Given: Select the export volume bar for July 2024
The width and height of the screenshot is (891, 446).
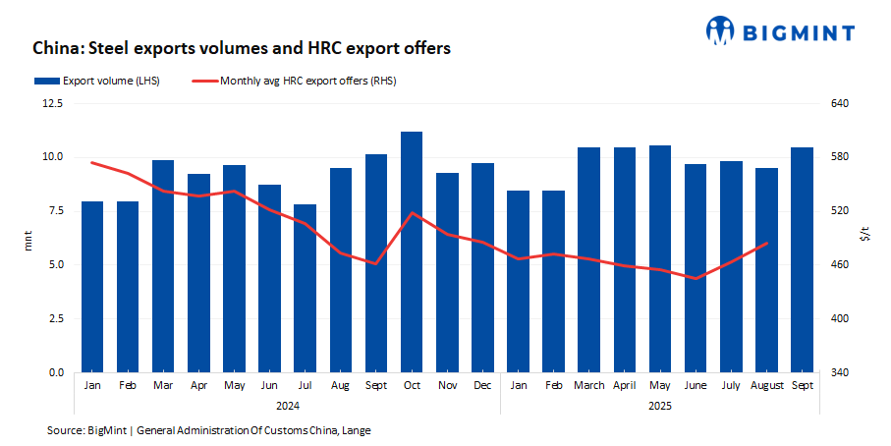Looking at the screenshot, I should [x=306, y=289].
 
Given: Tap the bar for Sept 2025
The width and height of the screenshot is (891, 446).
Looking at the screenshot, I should [x=802, y=260].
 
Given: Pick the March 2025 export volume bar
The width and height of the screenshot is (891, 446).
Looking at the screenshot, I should [x=588, y=260].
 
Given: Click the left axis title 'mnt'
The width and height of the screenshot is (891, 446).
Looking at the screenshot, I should [x=28, y=238].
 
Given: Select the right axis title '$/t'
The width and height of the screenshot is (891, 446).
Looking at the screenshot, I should [x=864, y=236].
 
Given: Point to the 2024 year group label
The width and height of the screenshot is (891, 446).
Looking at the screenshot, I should [x=288, y=404].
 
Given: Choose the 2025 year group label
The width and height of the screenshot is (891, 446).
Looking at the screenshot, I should [x=660, y=404].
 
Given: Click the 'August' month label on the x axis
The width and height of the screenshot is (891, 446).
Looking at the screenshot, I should [x=766, y=386].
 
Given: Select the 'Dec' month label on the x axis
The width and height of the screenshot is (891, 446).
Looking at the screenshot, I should [x=482, y=386].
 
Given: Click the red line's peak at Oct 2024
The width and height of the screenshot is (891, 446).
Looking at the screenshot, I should [x=412, y=212].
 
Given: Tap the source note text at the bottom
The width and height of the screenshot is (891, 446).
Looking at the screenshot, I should [x=208, y=430].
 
